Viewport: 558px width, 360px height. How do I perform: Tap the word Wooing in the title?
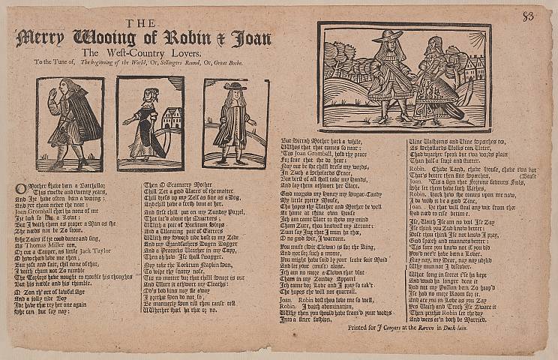(x=109, y=38)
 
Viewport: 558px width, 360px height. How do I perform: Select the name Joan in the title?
(x=252, y=38)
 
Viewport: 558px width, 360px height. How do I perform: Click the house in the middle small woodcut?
(x=172, y=119)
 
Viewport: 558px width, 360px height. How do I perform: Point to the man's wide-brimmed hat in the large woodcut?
(x=388, y=36)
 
